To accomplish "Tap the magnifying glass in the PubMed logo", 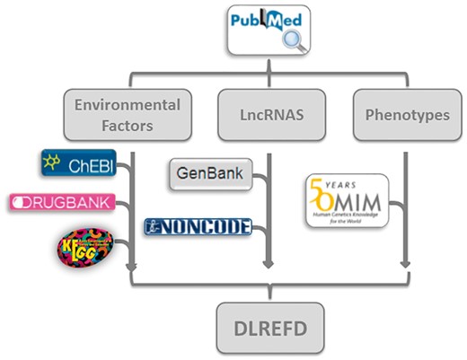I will pos(292,41).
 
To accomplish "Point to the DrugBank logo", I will pos(62,203).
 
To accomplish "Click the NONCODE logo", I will pos(198,226).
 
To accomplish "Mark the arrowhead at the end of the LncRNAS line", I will pos(268,265).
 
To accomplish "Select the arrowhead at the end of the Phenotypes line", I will pos(406,265).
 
